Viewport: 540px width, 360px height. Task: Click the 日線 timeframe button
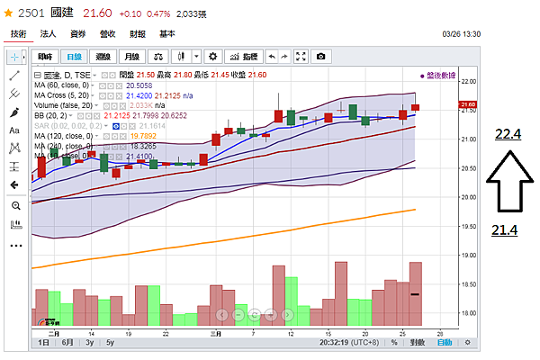pyautogui.click(x=75, y=56)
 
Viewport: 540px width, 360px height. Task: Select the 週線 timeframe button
pyautogui.click(x=104, y=56)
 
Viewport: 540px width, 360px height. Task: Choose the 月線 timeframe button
pyautogui.click(x=133, y=56)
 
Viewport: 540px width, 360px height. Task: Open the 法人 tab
pyautogui.click(x=48, y=33)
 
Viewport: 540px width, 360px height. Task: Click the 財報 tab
pyautogui.click(x=137, y=33)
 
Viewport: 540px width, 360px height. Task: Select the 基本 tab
pyautogui.click(x=166, y=33)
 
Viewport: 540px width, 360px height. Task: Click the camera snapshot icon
pyautogui.click(x=319, y=56)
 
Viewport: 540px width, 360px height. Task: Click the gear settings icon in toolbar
pyautogui.click(x=212, y=56)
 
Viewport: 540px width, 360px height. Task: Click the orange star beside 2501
pyautogui.click(x=7, y=14)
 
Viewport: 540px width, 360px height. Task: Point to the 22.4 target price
pyautogui.click(x=508, y=135)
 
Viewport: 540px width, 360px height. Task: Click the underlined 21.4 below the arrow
pyautogui.click(x=506, y=231)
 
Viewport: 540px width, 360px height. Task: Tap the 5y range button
pyautogui.click(x=110, y=343)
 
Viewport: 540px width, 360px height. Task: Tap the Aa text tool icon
pyautogui.click(x=14, y=130)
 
